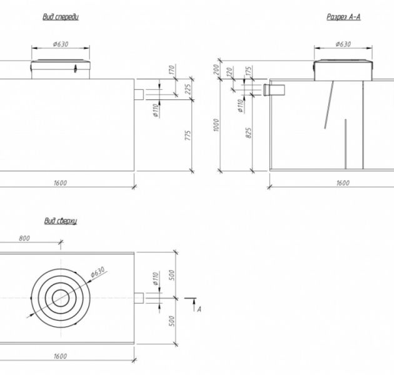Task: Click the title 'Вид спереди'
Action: coord(61,17)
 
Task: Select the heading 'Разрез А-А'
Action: coord(343,17)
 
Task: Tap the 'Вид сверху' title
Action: coord(60,221)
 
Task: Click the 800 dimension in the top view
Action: coord(25,239)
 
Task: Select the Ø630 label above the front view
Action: coord(61,44)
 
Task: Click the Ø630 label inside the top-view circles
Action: coord(97,272)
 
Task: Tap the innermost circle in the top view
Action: coord(61,297)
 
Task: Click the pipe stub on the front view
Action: coord(139,93)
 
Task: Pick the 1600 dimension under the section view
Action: coord(342,183)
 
